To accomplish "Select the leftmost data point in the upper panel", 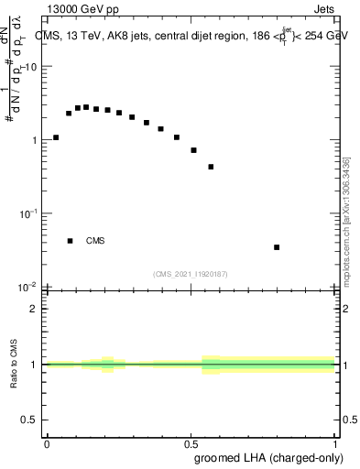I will pos(56,137).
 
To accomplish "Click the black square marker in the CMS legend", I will pos(70,241).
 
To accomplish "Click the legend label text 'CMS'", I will pos(95,242).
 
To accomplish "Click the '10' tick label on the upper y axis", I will pos(31,68).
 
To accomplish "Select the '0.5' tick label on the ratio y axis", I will pos(30,420).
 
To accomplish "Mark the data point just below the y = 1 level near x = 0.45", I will pos(177,137).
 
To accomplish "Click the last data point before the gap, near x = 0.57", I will pos(211,167).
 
